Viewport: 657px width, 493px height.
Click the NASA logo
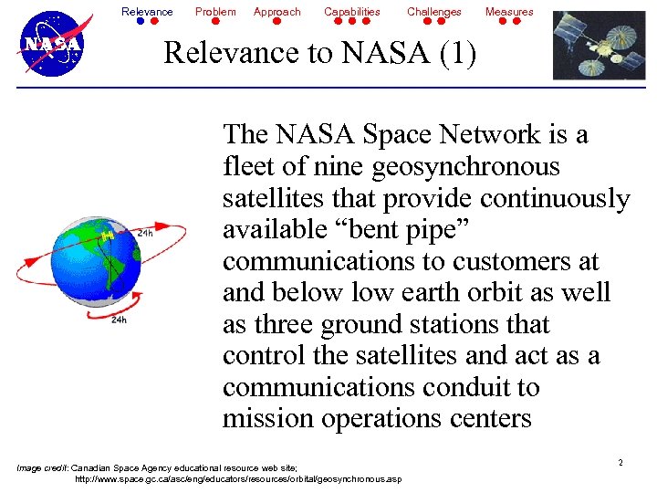[52, 43]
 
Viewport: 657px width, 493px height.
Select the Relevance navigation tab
[147, 12]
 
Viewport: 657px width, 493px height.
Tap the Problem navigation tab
[215, 12]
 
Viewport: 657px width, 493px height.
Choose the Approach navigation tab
[276, 12]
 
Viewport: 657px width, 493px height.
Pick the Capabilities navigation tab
[352, 12]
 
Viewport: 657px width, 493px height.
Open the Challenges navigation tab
[434, 12]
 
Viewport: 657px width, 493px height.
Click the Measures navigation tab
[509, 12]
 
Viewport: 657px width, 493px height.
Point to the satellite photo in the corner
[599, 45]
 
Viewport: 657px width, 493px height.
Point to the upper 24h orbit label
[144, 234]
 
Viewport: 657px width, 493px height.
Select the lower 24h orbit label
[119, 320]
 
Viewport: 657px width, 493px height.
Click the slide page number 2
[620, 463]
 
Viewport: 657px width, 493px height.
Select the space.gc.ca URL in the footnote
[237, 478]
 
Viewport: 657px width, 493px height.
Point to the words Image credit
[42, 467]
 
